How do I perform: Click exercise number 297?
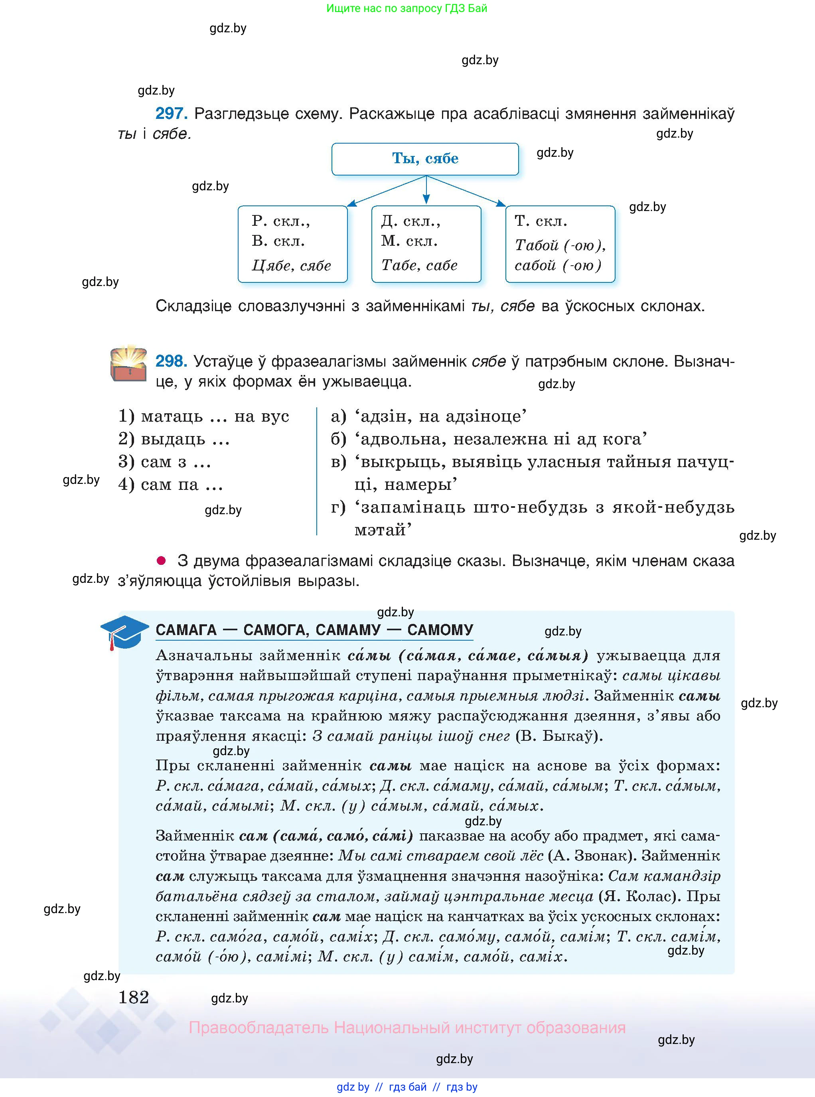(x=171, y=114)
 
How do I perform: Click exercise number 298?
(x=171, y=361)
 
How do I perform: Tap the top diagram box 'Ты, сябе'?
(x=425, y=159)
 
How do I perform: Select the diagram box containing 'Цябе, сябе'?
(x=292, y=244)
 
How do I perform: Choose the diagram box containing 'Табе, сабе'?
(x=426, y=244)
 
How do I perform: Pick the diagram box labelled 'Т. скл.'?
(x=560, y=244)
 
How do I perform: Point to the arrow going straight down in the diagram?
(x=426, y=189)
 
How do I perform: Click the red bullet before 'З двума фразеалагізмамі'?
(x=161, y=560)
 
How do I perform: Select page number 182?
(x=134, y=997)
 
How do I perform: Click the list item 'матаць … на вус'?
(x=203, y=416)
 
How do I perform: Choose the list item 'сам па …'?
(x=170, y=484)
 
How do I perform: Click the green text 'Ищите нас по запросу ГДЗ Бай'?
(x=407, y=8)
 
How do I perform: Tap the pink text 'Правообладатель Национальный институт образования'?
(x=407, y=1028)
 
